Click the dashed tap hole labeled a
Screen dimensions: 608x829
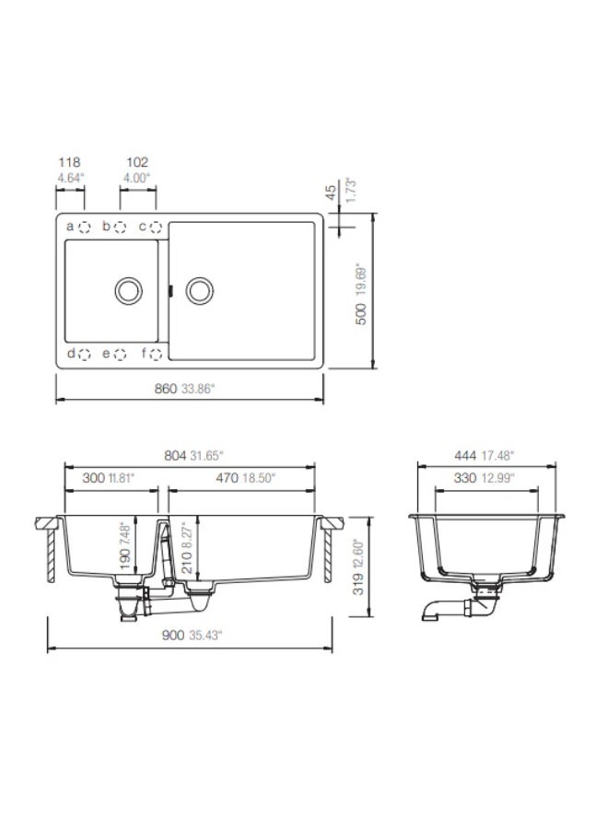pos(84,228)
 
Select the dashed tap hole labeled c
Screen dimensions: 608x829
pos(156,228)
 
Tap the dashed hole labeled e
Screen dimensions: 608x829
pos(121,355)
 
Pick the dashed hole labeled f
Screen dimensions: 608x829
pos(156,355)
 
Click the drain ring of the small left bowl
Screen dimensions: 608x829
pos(128,290)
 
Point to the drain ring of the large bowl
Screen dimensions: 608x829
pos(200,290)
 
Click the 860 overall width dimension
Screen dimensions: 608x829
pos(166,389)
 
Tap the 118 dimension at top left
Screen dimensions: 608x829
pos(69,162)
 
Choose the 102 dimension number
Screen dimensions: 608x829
pos(137,162)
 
